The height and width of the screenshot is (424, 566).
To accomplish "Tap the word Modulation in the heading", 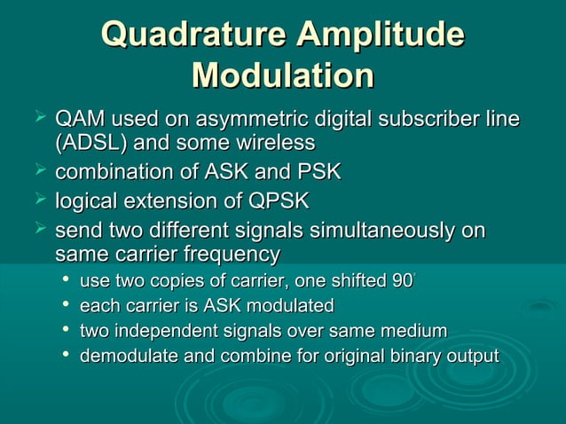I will tap(282, 75).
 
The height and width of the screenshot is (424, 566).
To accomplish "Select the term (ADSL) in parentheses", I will tap(90, 142).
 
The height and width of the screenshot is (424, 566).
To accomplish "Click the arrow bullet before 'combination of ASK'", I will tap(39, 170).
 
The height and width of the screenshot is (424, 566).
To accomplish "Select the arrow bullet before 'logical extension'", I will tap(39, 200).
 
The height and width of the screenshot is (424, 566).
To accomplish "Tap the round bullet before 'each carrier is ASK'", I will tap(66, 307).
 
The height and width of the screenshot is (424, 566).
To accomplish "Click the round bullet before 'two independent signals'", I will tap(66, 332).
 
